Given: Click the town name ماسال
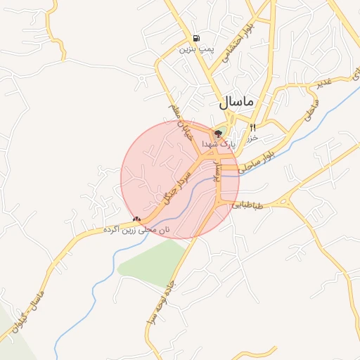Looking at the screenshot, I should tap(236, 101).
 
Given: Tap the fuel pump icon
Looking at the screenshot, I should tap(195, 38).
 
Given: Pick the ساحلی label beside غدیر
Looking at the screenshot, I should tap(312, 110).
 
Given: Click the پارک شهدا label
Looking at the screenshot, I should tap(216, 143).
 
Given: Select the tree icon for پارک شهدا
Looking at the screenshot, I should tap(218, 133).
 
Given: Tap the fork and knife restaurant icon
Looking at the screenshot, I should tap(253, 127).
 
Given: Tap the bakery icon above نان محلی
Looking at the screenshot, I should tap(136, 220).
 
